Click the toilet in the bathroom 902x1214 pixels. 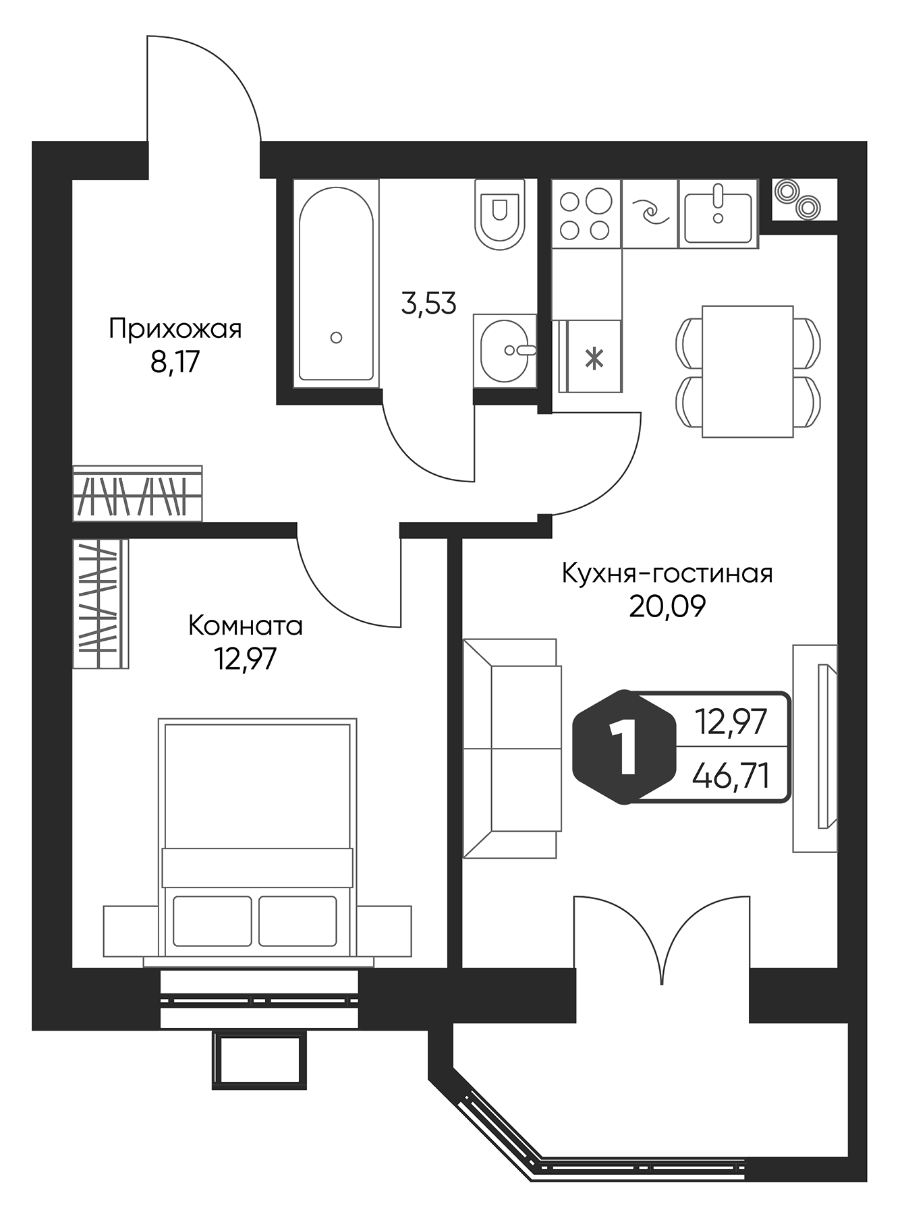click(500, 214)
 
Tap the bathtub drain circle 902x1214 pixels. click(337, 337)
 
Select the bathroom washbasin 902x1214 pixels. click(505, 351)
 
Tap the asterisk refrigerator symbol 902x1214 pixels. click(594, 357)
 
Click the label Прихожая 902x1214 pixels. click(175, 330)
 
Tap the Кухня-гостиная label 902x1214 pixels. click(667, 574)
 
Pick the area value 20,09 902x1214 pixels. click(667, 607)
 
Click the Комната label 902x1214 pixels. click(246, 626)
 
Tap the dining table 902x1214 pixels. click(748, 371)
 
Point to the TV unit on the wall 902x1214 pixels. click(815, 747)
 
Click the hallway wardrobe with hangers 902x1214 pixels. click(137, 493)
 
